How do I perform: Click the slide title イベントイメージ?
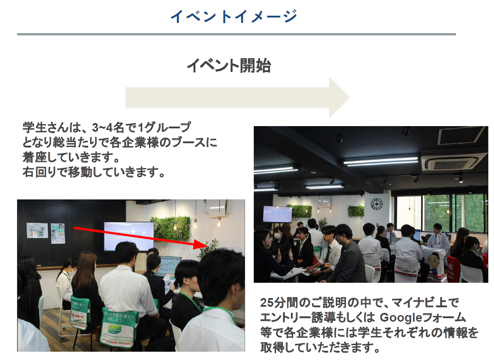pos(234,17)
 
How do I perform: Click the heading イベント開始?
pos(229,66)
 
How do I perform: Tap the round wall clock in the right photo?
pos(377,204)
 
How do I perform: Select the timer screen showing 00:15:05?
pos(277,214)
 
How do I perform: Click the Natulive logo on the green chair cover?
pos(114,330)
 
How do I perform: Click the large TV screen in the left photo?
pos(129,236)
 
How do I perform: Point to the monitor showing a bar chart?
pos(169,267)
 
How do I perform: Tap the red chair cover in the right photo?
pos(454,269)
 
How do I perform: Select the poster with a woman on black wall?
pos(58,233)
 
